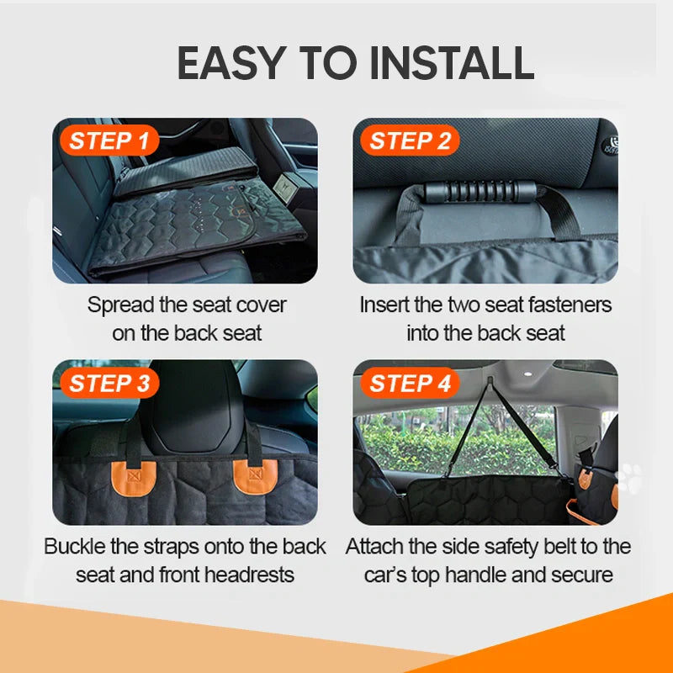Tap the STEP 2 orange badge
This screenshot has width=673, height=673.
click(410, 140)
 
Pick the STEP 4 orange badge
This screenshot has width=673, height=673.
click(410, 383)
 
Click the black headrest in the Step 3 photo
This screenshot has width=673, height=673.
click(191, 404)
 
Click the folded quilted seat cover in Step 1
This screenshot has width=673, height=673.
click(193, 227)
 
